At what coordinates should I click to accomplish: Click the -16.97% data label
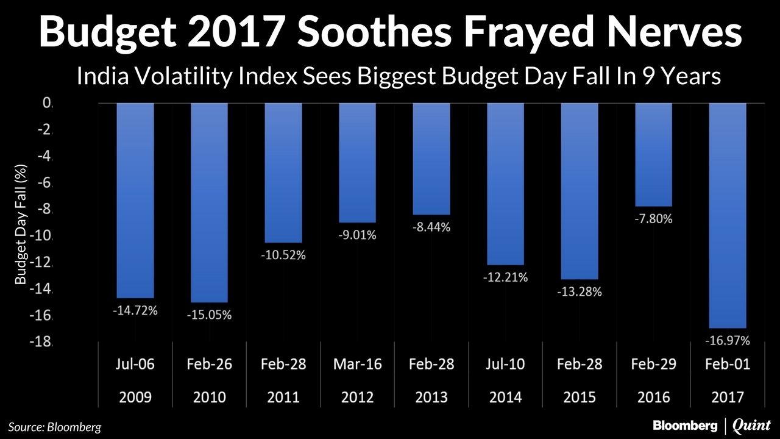(x=727, y=340)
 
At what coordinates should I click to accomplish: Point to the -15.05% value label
(x=210, y=315)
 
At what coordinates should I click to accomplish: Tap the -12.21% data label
(x=505, y=277)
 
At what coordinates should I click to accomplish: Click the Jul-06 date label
(x=135, y=365)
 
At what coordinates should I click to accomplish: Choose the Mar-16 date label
(x=357, y=365)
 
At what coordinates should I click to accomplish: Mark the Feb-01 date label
(x=727, y=365)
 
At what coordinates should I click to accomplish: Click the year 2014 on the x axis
(x=505, y=397)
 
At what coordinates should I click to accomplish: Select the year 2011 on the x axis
(x=283, y=397)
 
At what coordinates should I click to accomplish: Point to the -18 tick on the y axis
(x=43, y=342)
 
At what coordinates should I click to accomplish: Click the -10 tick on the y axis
(x=43, y=236)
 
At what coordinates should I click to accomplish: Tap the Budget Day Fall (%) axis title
(x=21, y=224)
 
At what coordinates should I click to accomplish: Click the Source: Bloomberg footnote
(x=55, y=427)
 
